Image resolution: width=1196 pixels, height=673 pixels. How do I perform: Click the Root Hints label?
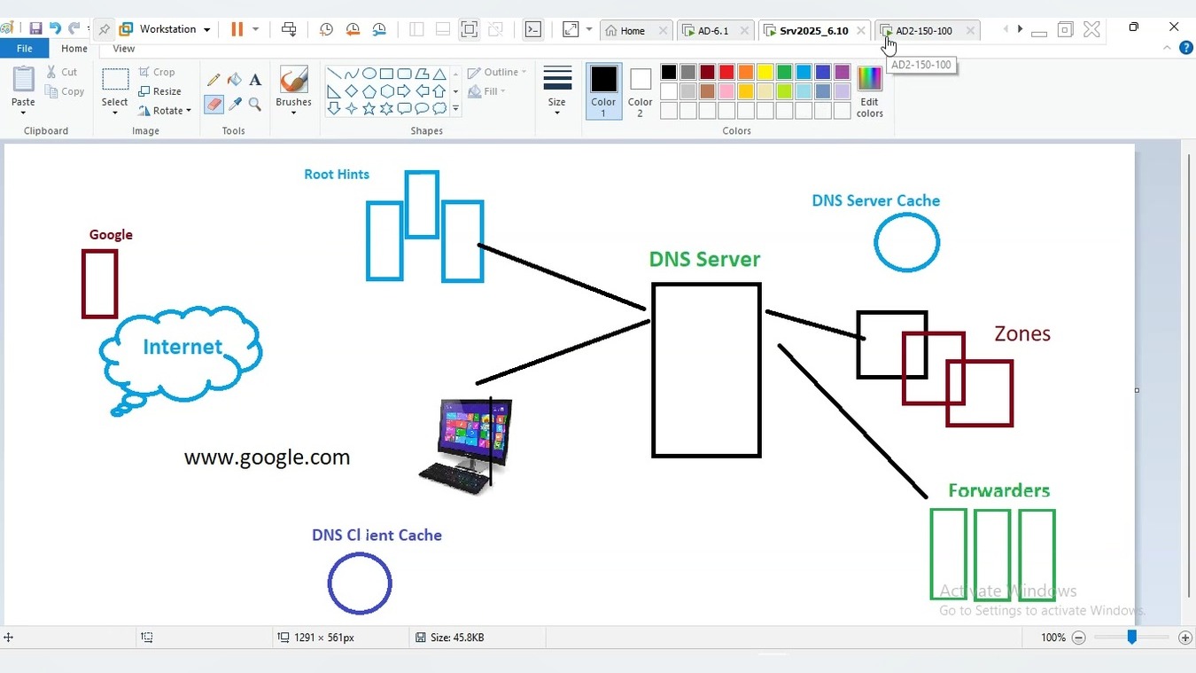coord(337,175)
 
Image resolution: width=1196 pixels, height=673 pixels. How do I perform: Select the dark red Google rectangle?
coord(100,284)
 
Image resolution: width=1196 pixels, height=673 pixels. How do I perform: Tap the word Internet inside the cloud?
coord(183,347)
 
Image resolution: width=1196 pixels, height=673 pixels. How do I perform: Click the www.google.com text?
coord(267,458)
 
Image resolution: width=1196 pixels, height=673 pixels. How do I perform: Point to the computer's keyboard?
coord(454,477)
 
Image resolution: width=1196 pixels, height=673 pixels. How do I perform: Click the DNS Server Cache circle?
coord(906,242)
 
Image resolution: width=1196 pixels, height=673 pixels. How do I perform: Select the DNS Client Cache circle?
coord(360,583)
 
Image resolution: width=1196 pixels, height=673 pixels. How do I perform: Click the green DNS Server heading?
coord(704,259)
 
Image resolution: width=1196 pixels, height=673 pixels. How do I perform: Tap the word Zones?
coord(1022,333)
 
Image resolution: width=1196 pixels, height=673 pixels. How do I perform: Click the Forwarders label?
coord(998,490)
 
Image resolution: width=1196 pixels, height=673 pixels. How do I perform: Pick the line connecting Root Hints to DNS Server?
coord(562,277)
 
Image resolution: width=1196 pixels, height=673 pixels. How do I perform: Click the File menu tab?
coord(24,48)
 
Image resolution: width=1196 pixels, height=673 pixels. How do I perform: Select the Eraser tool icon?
coord(214,104)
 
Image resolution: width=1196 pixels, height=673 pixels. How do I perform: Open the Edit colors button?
coord(869,91)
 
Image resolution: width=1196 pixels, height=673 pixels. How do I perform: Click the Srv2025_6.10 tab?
coord(813,30)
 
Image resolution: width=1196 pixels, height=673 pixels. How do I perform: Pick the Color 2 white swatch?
coord(640,90)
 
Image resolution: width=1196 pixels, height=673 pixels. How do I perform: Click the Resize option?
coord(159,91)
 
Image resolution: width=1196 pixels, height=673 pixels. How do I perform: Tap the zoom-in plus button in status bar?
coord(1184,638)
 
